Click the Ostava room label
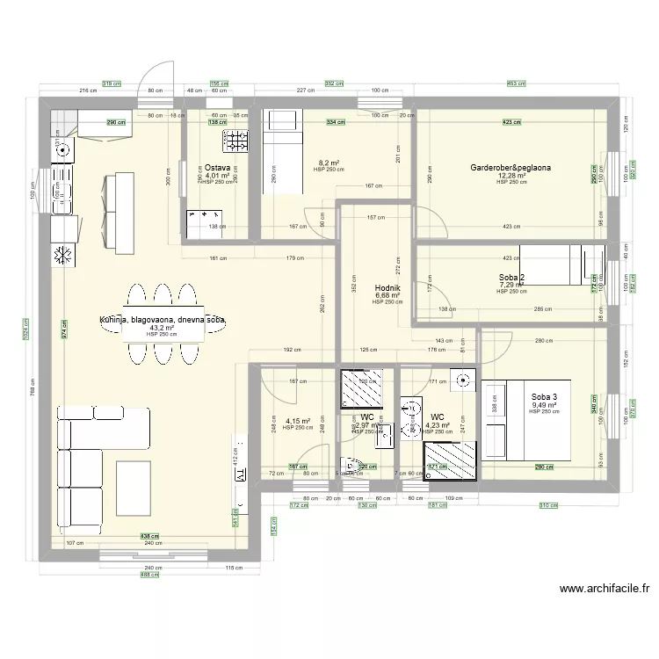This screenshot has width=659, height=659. [x=218, y=167]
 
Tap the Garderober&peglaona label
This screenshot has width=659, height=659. [x=511, y=167]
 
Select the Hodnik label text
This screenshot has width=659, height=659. [x=387, y=286]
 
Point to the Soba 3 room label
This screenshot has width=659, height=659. [x=544, y=396]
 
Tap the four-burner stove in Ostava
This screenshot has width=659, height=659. [x=235, y=141]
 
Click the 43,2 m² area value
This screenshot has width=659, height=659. [x=162, y=327]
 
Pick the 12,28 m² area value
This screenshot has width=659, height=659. [x=511, y=176]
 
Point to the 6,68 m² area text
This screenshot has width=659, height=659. [x=387, y=295]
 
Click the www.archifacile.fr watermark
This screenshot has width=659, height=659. [x=604, y=590]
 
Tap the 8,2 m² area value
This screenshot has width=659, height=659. [x=327, y=163]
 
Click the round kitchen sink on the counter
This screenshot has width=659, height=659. [x=62, y=150]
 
